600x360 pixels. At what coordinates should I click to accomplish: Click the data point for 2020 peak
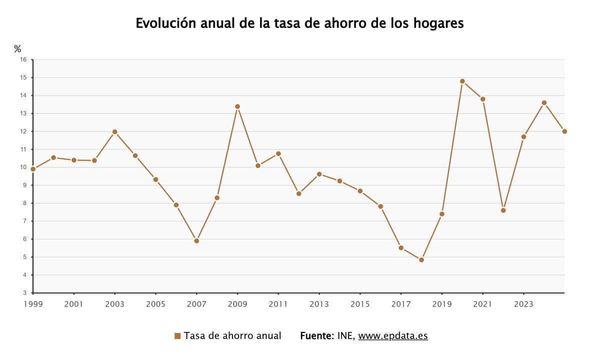[462, 81]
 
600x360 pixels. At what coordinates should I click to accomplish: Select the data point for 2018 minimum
[421, 260]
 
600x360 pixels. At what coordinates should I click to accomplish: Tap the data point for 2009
[237, 106]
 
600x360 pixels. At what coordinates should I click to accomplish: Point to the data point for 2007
[196, 241]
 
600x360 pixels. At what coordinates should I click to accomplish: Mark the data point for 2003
[114, 132]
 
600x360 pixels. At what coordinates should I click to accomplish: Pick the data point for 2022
[503, 210]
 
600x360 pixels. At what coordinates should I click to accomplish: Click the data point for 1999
[33, 169]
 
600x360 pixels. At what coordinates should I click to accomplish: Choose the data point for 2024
[544, 103]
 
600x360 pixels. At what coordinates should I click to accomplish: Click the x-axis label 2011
[278, 303]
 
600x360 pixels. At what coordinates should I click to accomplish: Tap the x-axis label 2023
[523, 303]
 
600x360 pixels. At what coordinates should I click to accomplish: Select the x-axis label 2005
[155, 303]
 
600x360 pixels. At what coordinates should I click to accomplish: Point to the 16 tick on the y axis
[23, 59]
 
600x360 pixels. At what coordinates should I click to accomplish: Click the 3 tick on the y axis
[24, 293]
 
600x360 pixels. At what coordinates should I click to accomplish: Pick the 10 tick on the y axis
[23, 167]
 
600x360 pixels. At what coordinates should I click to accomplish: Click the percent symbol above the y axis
[17, 49]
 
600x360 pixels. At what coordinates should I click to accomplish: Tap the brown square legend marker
[177, 336]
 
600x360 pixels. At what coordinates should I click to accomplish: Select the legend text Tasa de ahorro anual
[232, 335]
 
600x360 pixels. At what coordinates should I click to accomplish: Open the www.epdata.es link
[393, 335]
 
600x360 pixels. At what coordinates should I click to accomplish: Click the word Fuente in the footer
[316, 335]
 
